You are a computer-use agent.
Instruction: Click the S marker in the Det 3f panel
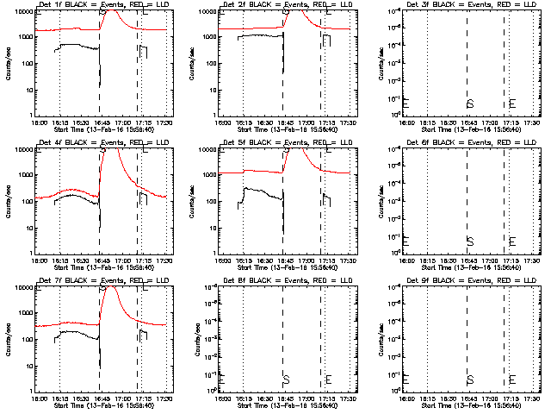[469, 103]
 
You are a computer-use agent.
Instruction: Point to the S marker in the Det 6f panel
[469, 241]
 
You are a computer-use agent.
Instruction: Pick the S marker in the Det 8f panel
[285, 379]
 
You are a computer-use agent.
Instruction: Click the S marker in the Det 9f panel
[469, 379]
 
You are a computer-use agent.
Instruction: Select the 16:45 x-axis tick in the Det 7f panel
[100, 398]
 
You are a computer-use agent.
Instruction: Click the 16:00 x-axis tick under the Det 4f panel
[37, 260]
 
